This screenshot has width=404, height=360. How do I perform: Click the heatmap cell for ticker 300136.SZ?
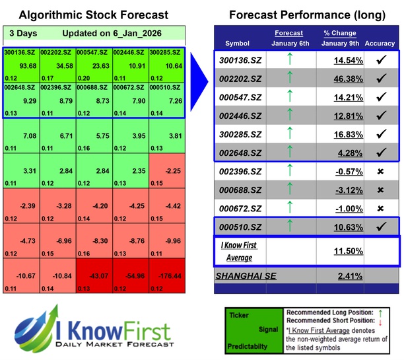[20, 64]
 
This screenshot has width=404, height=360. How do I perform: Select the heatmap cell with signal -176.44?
[166, 277]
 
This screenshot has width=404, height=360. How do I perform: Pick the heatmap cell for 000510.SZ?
[166, 99]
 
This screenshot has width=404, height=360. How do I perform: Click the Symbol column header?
[238, 44]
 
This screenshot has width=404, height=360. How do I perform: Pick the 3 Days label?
[24, 33]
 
